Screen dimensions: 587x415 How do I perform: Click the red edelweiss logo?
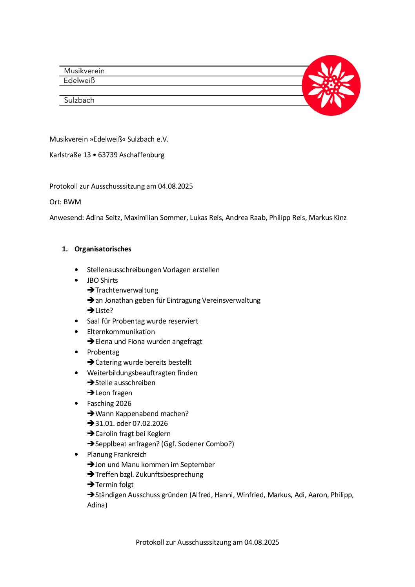click(x=331, y=85)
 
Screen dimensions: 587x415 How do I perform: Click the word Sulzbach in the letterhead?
click(x=79, y=100)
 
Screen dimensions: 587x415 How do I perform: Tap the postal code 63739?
click(x=108, y=155)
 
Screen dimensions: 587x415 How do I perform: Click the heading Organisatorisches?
click(x=103, y=249)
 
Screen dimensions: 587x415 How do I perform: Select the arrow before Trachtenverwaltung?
click(x=91, y=290)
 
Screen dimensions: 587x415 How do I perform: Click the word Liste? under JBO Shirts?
click(x=104, y=311)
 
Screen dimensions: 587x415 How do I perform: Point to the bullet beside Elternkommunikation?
click(x=76, y=332)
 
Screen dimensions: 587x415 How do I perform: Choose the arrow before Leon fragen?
click(x=91, y=393)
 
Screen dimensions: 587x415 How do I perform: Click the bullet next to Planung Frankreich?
click(x=76, y=454)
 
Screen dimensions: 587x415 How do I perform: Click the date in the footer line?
click(x=262, y=542)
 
